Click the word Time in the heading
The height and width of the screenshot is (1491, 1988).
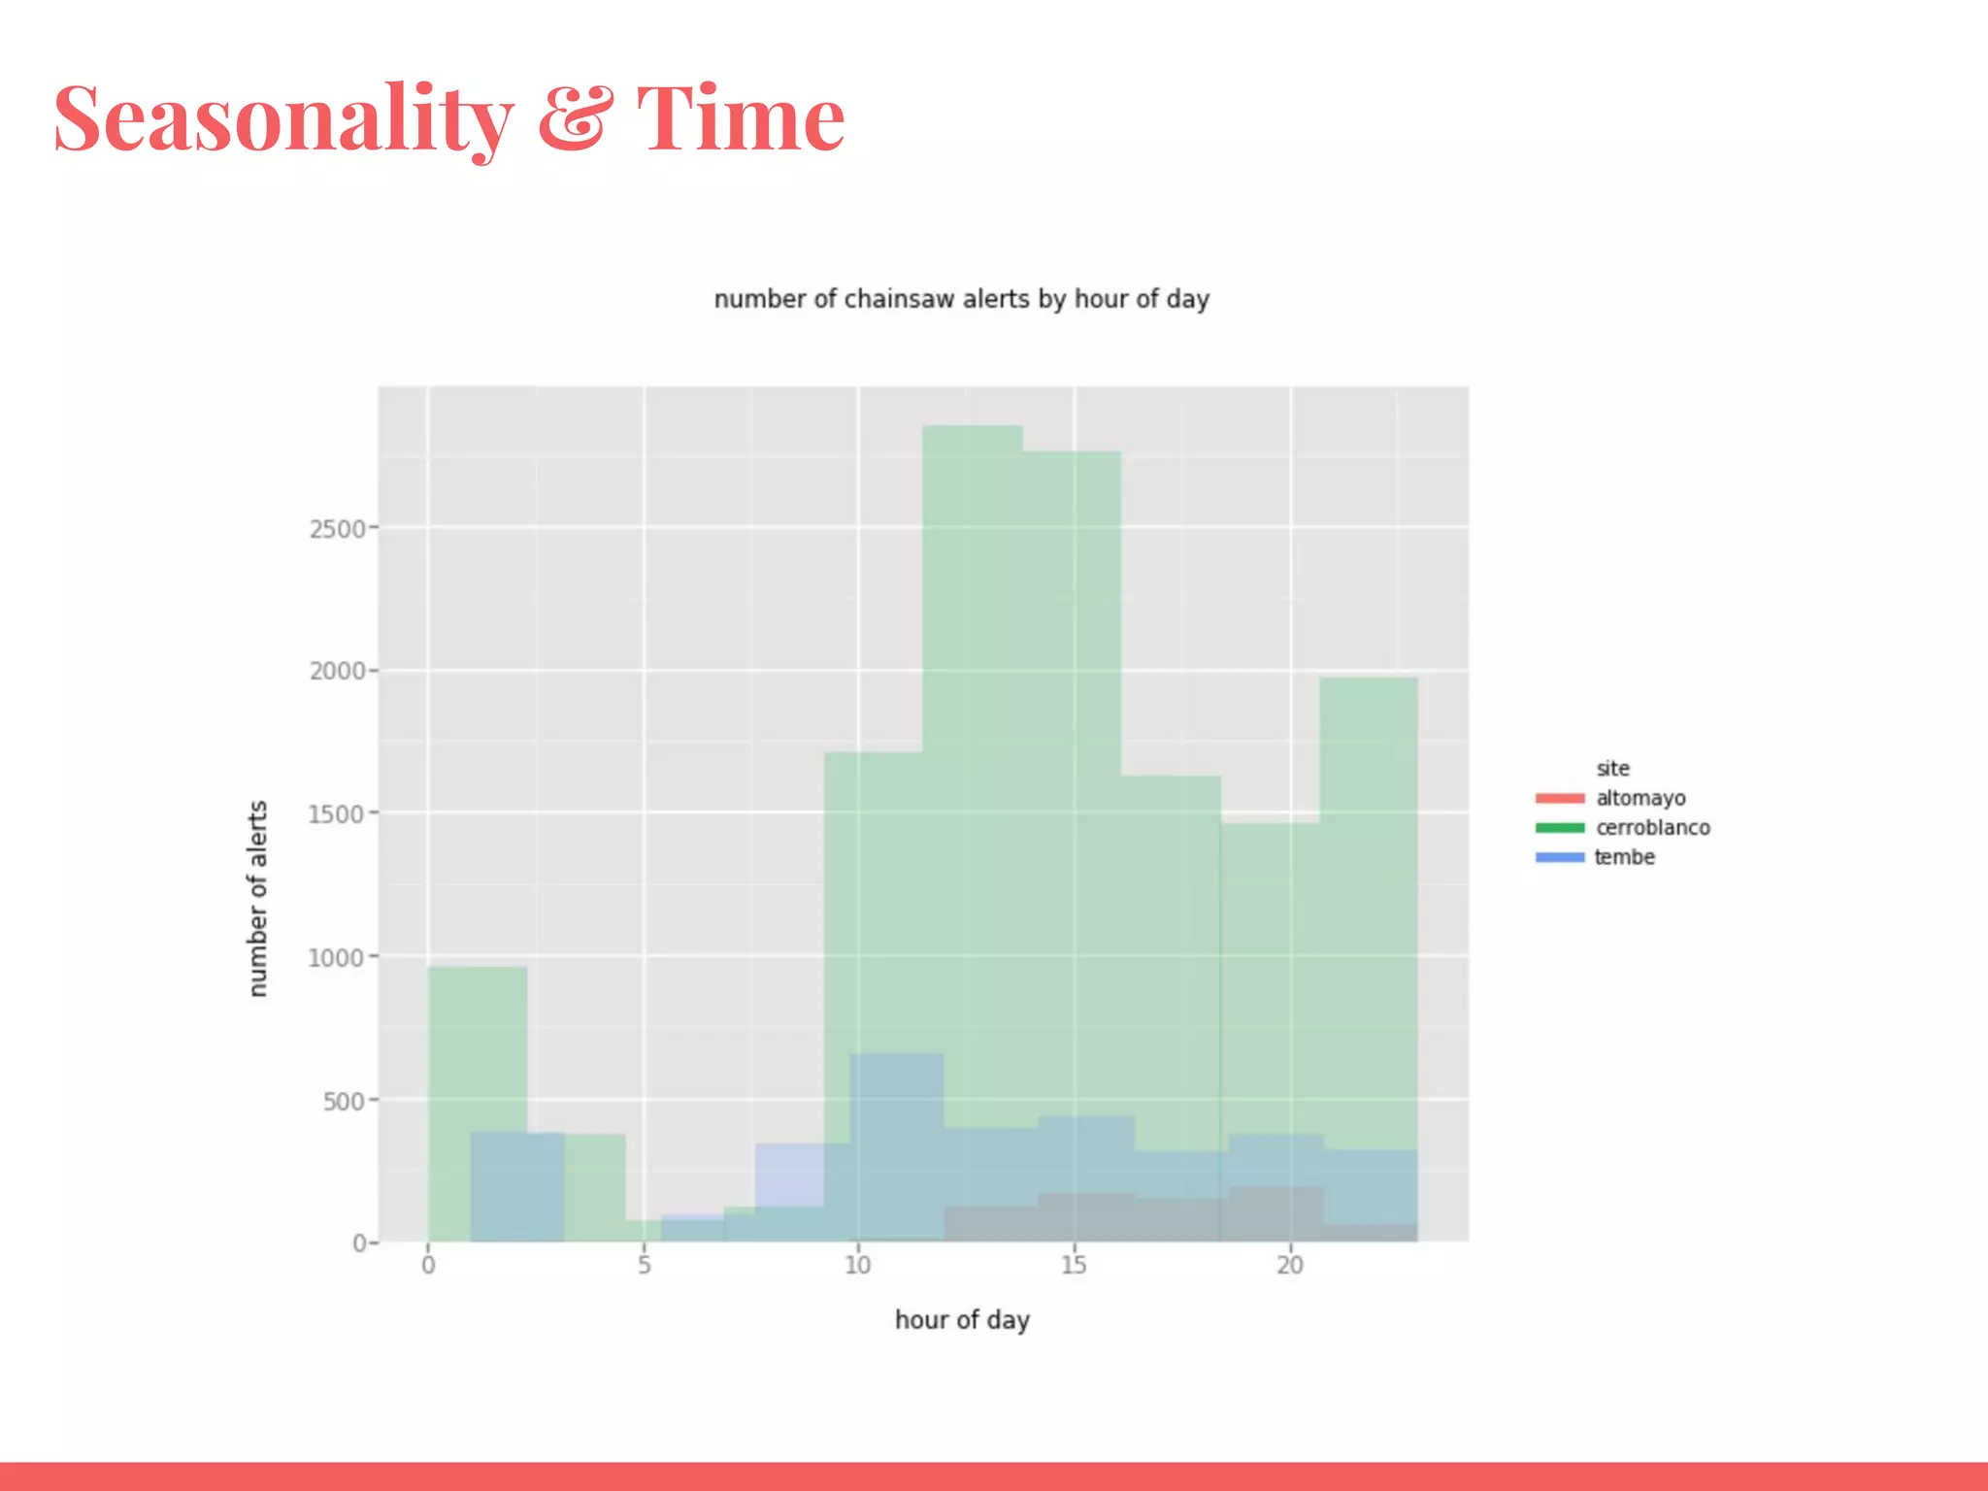[x=740, y=118]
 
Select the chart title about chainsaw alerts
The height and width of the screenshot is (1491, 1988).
[x=961, y=299]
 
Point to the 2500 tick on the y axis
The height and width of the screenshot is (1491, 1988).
[x=338, y=529]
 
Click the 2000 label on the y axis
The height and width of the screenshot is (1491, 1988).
[x=338, y=672]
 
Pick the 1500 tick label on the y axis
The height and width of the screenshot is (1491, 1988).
[x=337, y=814]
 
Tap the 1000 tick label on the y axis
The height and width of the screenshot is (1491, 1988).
[x=337, y=958]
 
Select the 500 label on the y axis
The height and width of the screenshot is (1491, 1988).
[x=344, y=1102]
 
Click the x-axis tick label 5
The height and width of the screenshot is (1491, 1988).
[x=644, y=1265]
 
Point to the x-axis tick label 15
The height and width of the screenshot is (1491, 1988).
[x=1073, y=1265]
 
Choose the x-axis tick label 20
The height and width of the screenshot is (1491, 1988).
[x=1289, y=1265]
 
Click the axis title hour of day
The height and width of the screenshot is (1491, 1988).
[x=961, y=1320]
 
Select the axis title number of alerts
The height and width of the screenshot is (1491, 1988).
[x=257, y=898]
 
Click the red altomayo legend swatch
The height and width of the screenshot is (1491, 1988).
[x=1559, y=799]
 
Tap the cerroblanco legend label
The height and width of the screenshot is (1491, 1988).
[x=1652, y=828]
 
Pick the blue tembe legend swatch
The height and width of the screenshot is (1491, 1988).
[x=1559, y=858]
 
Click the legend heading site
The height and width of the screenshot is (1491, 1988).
[x=1612, y=769]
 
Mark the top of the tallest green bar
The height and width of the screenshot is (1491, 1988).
[x=972, y=427]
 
